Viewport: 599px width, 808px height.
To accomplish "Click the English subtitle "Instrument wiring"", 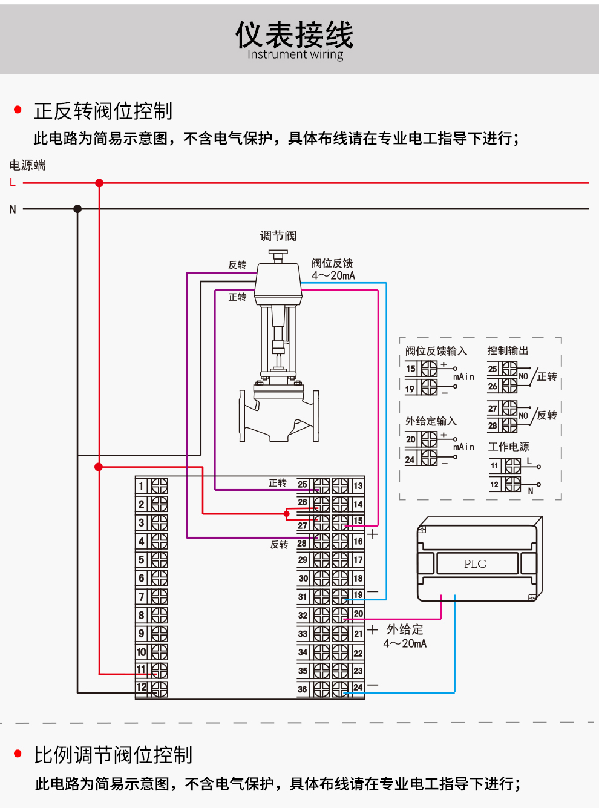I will [x=295, y=54].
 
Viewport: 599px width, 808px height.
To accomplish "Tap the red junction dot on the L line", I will [x=99, y=183].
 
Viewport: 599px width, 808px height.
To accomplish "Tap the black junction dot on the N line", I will [x=77, y=209].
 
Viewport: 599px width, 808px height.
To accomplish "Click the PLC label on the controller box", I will [x=475, y=563].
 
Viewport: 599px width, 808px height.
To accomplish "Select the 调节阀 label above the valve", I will [x=278, y=236].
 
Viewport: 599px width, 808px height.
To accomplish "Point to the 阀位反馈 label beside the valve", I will [x=332, y=263].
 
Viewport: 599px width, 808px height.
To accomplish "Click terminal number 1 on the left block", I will [x=142, y=486].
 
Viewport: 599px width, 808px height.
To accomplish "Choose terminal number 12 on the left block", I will [x=142, y=687].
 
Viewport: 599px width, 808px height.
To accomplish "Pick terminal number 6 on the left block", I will [x=142, y=578].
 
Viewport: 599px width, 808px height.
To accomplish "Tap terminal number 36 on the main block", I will [x=303, y=689].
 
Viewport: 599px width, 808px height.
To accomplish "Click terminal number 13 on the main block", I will [x=358, y=486].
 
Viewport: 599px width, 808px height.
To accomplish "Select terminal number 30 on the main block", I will [x=303, y=578].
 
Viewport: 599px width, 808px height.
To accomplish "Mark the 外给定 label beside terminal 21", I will [x=405, y=629].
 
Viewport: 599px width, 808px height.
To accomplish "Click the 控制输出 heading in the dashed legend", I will [x=508, y=350].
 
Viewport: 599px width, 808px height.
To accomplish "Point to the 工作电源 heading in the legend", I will [x=509, y=447].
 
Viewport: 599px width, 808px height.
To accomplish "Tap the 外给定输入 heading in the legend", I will [x=431, y=421].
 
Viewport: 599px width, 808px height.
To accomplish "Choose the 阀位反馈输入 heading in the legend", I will [x=436, y=351].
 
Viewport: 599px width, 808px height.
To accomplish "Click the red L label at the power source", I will [x=13, y=182].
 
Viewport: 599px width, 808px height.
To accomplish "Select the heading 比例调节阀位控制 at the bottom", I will [x=113, y=755].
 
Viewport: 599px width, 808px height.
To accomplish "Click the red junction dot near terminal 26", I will [x=287, y=514].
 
